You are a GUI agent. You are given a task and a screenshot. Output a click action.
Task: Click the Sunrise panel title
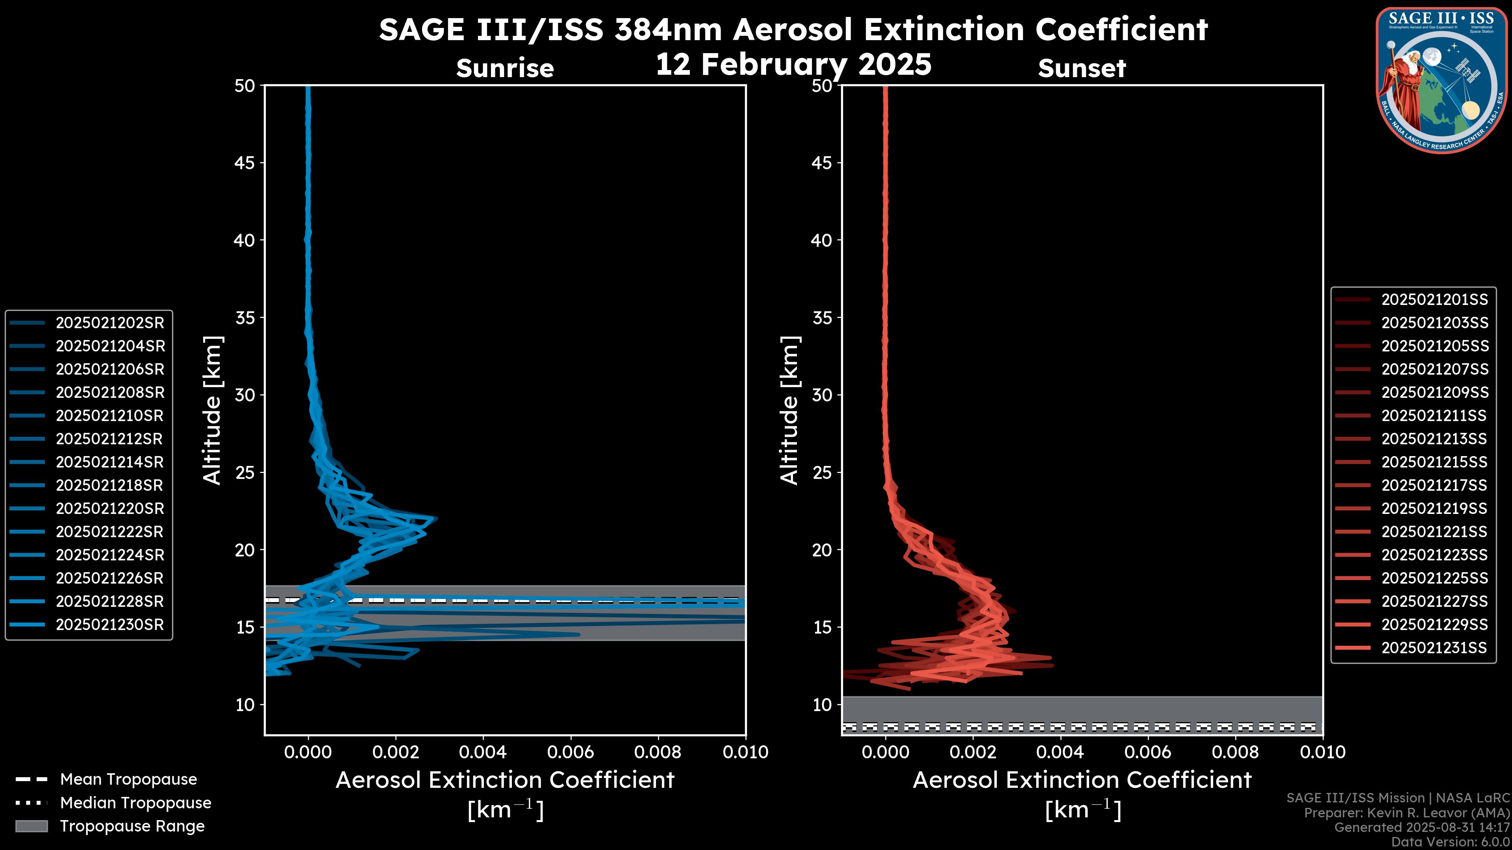(x=505, y=68)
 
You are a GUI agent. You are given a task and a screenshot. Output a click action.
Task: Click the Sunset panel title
(x=1082, y=68)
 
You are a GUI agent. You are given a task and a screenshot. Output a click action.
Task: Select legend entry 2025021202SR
(x=110, y=323)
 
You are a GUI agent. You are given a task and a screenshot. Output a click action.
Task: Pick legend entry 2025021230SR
(x=110, y=625)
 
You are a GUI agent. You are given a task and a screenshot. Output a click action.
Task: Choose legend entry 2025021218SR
(x=110, y=485)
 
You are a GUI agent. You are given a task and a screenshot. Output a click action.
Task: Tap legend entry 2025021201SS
(x=1434, y=300)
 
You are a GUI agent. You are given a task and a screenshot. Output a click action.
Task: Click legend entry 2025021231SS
(x=1434, y=648)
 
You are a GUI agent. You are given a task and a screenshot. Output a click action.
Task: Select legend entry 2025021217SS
(x=1434, y=485)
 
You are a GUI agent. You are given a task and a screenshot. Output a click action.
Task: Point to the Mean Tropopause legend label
(x=128, y=779)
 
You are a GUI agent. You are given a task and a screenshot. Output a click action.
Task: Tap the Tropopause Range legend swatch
(x=31, y=826)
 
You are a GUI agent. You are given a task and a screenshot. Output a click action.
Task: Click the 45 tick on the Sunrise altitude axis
(x=245, y=163)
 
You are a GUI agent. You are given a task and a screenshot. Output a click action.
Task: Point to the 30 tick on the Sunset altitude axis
(x=822, y=395)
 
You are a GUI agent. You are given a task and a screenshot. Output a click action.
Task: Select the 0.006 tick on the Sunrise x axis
(x=571, y=752)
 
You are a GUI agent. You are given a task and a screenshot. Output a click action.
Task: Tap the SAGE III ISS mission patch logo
(x=1442, y=80)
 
